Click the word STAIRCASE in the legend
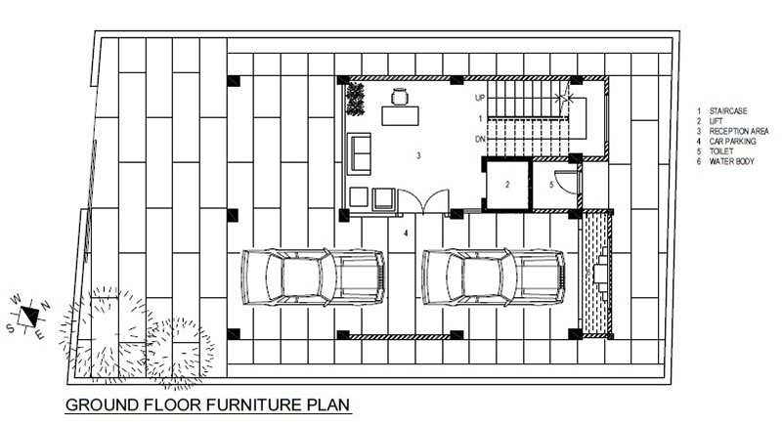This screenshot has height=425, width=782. point(728,111)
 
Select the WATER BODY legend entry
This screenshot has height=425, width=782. point(731,161)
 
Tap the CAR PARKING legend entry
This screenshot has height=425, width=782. point(732,142)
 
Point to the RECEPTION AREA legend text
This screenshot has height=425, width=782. point(739,132)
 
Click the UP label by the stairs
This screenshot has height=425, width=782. point(480,98)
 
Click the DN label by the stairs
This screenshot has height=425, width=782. point(480,140)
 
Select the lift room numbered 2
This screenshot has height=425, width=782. point(507,185)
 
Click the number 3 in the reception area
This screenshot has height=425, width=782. point(418,155)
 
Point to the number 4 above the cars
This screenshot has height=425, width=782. point(406,233)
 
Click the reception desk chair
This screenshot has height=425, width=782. point(400,96)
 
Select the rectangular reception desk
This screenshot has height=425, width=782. point(400,115)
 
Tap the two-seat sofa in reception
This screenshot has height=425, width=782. point(359,153)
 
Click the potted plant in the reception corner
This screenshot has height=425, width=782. point(355,99)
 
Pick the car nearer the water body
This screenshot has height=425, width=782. point(494,277)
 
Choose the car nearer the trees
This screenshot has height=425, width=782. point(313,277)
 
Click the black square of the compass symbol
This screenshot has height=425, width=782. point(29,317)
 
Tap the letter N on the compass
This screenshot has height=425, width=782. point(45,305)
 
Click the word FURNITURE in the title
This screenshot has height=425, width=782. point(254,404)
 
